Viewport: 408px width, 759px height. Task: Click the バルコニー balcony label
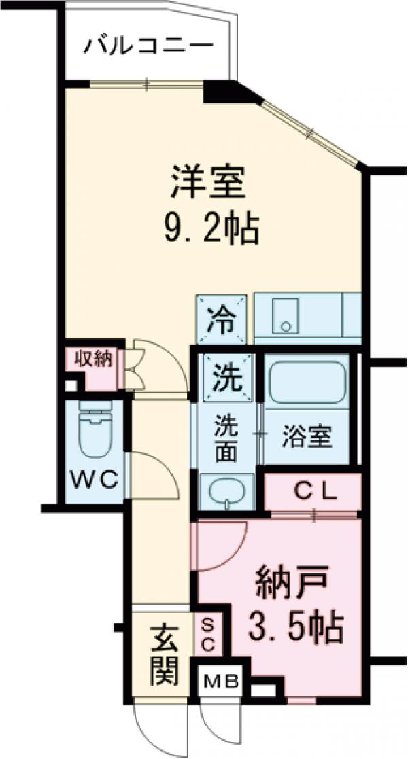tap(148, 47)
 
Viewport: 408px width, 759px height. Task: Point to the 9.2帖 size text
tap(211, 230)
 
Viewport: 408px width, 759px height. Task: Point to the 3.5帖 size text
tap(294, 629)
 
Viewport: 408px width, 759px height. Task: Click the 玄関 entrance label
tap(164, 655)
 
